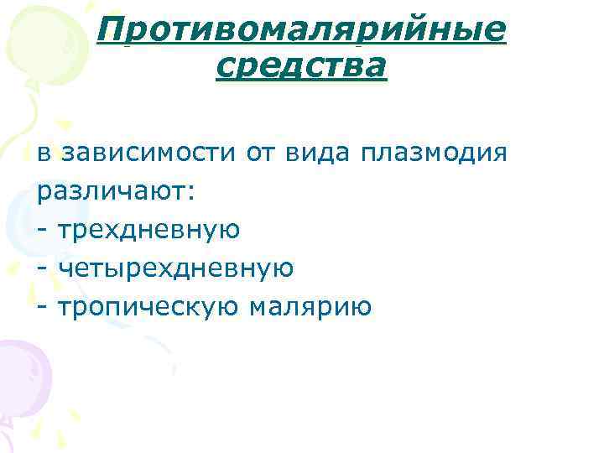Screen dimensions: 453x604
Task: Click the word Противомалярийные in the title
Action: [x=301, y=31]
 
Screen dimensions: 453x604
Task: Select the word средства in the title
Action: [x=301, y=65]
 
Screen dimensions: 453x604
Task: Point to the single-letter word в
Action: [x=44, y=154]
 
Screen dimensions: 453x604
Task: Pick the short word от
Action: [x=261, y=154]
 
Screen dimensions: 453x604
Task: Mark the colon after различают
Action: [x=192, y=192]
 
